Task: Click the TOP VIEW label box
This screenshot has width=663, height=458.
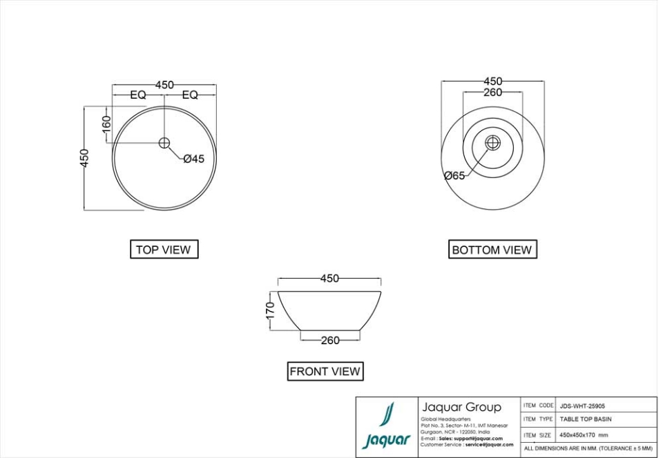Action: pos(164,250)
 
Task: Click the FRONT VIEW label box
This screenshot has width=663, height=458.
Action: pos(325,371)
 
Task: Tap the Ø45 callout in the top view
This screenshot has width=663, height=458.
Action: pos(193,159)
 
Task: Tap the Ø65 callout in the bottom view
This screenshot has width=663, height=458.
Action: pos(454,176)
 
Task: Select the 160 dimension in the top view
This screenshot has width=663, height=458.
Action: pos(106,125)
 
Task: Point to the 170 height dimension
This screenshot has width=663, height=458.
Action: pos(271,310)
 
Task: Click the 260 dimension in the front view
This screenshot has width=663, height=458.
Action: pos(330,340)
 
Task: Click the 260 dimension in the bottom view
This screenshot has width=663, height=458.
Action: pos(492,92)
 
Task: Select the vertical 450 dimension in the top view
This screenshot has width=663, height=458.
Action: pos(84,158)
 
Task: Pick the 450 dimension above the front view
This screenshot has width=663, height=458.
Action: pos(329,279)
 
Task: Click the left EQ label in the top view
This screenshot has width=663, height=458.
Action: pos(138,95)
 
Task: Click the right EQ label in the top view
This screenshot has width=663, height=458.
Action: pos(190,95)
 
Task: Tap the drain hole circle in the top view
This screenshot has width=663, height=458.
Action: pos(164,143)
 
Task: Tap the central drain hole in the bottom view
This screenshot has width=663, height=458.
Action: pos(492,143)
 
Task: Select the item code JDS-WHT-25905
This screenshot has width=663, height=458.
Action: pos(582,406)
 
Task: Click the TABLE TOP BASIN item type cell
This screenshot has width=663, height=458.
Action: pos(585,419)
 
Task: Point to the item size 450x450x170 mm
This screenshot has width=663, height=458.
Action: pos(584,435)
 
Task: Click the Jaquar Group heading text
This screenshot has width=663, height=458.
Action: pos(461,408)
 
